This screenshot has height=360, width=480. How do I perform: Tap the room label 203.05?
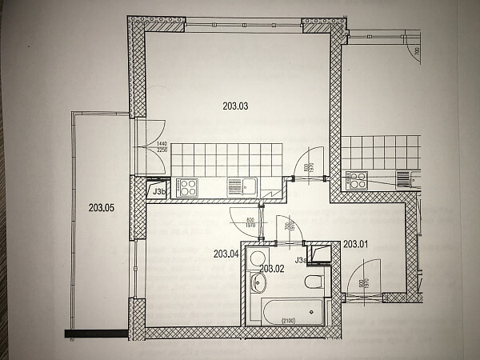pyautogui.click(x=102, y=209)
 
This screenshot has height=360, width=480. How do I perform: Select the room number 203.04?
pyautogui.click(x=226, y=254)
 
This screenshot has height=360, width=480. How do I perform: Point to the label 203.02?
pyautogui.click(x=273, y=269)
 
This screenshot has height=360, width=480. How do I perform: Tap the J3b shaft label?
pyautogui.click(x=158, y=191)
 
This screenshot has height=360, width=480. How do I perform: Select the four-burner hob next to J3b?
pyautogui.click(x=188, y=187)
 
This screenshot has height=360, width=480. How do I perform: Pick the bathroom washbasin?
pyautogui.click(x=258, y=283)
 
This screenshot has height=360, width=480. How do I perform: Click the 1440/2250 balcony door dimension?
pyautogui.click(x=162, y=146)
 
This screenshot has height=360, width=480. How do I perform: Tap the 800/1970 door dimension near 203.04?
pyautogui.click(x=250, y=223)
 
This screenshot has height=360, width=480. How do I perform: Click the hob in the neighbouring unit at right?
pyautogui.click(x=356, y=181)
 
